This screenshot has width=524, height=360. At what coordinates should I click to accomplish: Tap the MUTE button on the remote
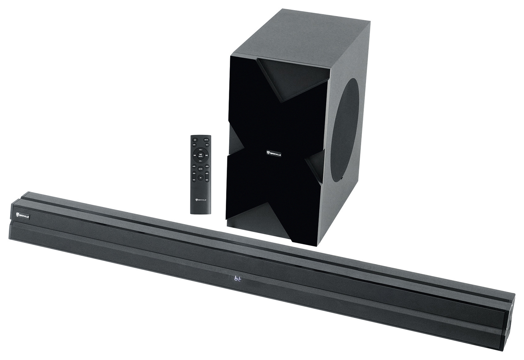(x=206, y=140)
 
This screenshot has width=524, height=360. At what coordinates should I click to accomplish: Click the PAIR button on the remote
(x=194, y=145)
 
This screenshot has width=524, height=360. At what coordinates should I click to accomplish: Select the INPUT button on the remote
(x=207, y=145)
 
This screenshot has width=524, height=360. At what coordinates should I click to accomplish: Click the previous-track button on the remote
(x=195, y=155)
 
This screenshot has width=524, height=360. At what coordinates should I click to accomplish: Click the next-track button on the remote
(x=206, y=155)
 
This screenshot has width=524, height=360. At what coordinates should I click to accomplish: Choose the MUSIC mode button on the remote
(x=194, y=166)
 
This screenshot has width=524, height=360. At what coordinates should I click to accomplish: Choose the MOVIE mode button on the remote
(x=207, y=166)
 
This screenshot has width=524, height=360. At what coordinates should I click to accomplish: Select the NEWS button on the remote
(x=200, y=169)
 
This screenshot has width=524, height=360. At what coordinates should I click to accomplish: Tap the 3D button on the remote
(x=200, y=178)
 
